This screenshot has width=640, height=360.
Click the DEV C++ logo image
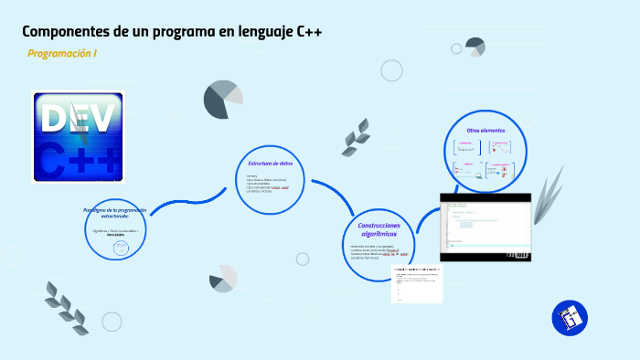pyautogui.click(x=79, y=136)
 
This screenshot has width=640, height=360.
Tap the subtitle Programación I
pyautogui.click(x=62, y=54)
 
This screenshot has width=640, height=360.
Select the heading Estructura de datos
pyautogui.click(x=271, y=164)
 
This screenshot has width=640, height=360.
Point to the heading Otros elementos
pyautogui.click(x=485, y=131)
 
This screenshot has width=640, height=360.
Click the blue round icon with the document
pyautogui.click(x=570, y=318)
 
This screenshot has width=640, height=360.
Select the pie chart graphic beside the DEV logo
pyautogui.click(x=223, y=100)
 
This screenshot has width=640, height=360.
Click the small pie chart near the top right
pyautogui.click(x=475, y=47)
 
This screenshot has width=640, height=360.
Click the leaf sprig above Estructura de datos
pyautogui.click(x=356, y=137)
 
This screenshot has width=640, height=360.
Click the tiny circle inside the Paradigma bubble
pyautogui.click(x=119, y=248)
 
